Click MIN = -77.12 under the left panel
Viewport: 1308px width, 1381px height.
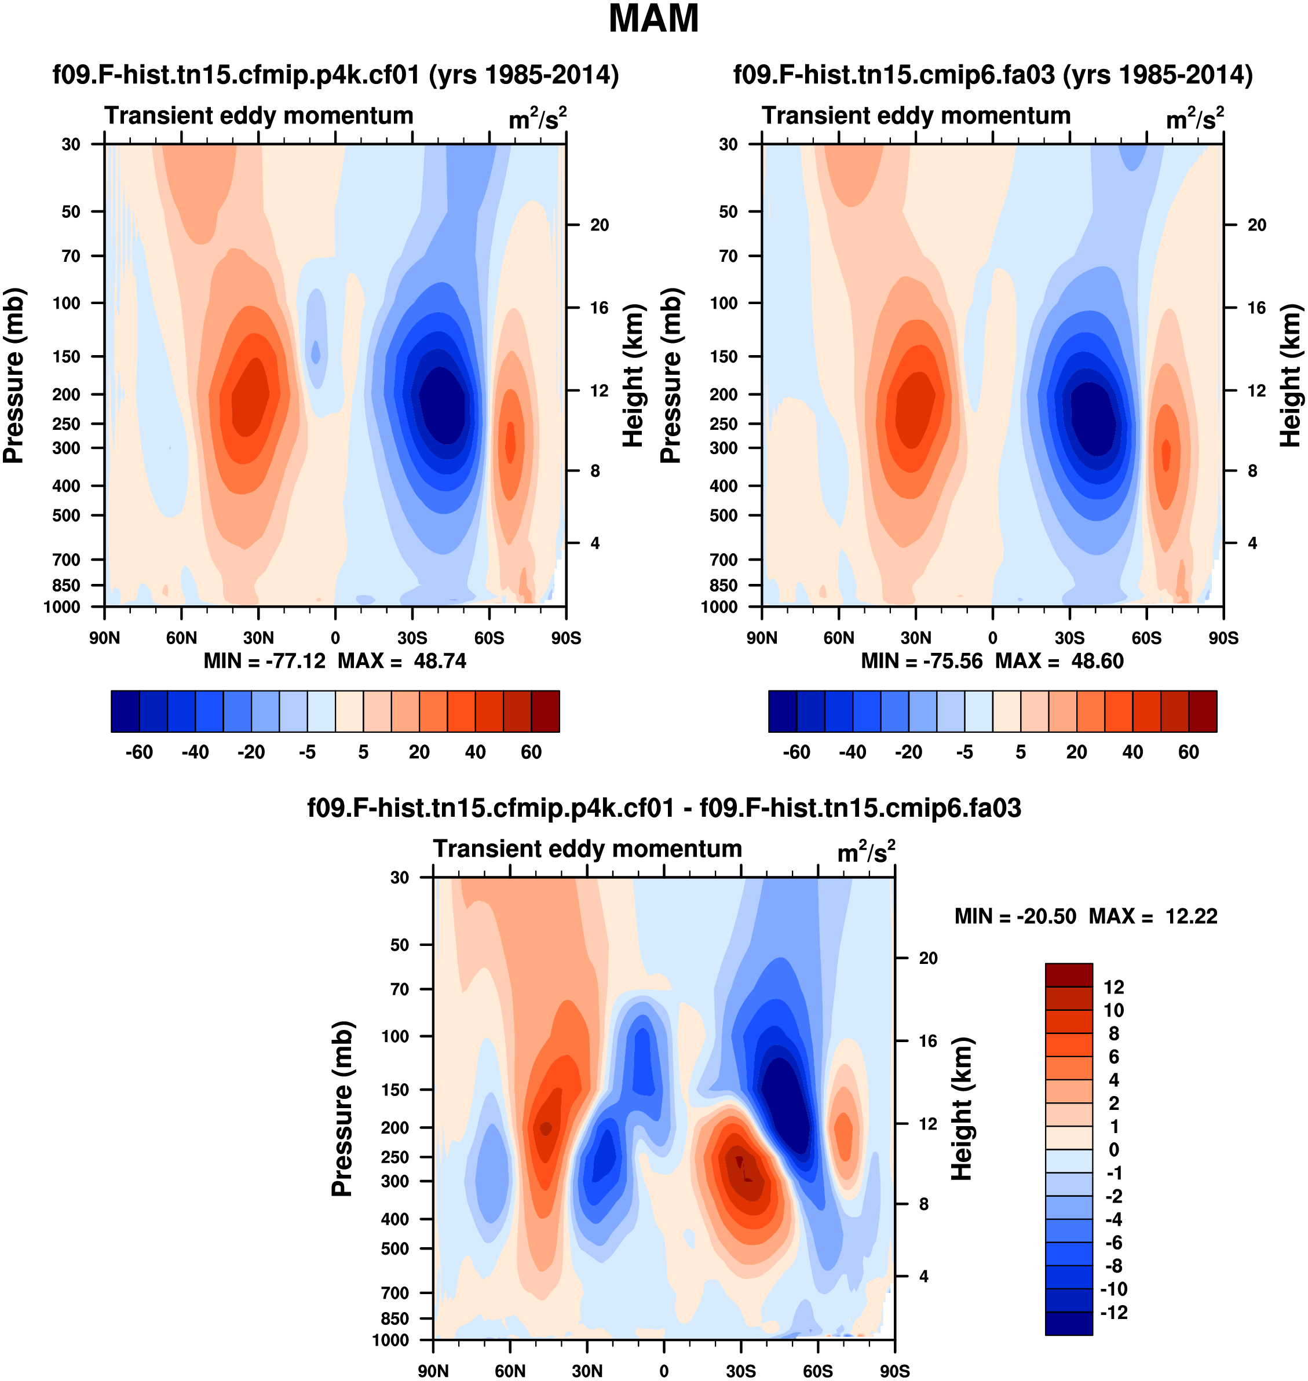point(264,661)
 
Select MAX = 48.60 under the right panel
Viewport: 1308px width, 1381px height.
point(1059,661)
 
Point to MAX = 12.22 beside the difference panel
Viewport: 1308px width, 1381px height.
point(1153,916)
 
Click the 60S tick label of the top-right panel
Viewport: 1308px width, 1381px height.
point(1146,638)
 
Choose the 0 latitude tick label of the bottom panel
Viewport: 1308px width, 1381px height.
point(664,1371)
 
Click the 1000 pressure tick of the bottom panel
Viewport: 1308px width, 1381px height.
point(390,1340)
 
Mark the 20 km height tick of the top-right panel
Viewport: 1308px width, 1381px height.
point(1256,225)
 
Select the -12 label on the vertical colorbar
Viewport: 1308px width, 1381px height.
point(1113,1312)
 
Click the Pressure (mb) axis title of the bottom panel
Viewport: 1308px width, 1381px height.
point(342,1108)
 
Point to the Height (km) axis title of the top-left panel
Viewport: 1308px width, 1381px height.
point(633,375)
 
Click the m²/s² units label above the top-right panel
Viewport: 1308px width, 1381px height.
point(1195,119)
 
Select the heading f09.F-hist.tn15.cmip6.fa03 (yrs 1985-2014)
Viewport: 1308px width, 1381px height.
point(993,75)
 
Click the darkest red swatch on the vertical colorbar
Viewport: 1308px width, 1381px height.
point(1068,974)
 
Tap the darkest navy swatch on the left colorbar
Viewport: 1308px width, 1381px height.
point(126,711)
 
